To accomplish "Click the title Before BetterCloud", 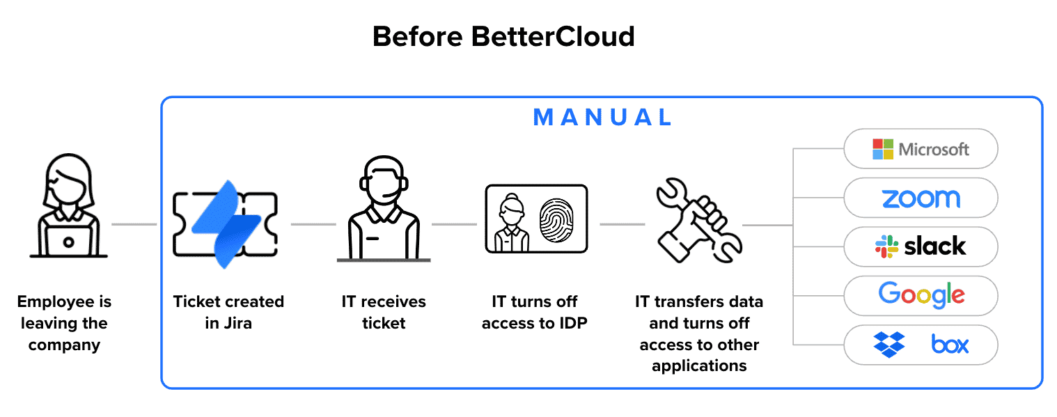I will tap(503, 36).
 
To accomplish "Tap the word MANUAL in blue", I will tap(603, 117).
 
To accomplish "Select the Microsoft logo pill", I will tap(921, 149).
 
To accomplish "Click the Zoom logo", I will tap(921, 198).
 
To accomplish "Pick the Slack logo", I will tap(921, 246).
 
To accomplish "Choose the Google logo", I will tap(921, 295).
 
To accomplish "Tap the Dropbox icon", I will tap(888, 344).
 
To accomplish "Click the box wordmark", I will tap(950, 344).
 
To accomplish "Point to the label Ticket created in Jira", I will tap(228, 313).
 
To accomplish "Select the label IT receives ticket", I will tap(384, 313).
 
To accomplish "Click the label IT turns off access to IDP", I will tap(534, 313).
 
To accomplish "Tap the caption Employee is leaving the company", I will tap(65, 323).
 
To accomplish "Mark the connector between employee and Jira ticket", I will tap(134, 224).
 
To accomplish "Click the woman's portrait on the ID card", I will tap(511, 221).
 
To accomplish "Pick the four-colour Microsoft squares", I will tap(883, 149).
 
